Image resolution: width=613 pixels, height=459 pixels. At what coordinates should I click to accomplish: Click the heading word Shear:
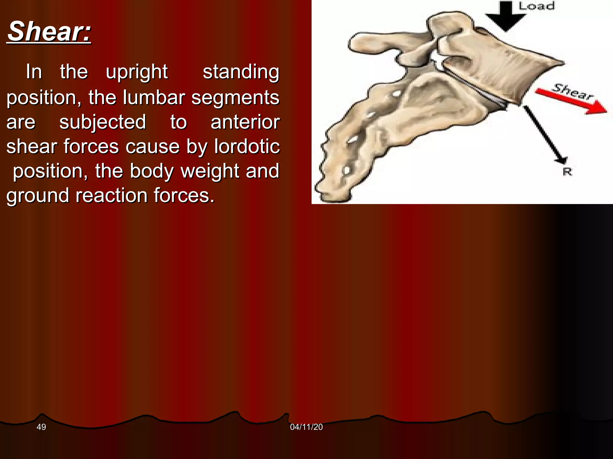tap(49, 32)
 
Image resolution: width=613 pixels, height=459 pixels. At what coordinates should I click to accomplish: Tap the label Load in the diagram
tap(536, 6)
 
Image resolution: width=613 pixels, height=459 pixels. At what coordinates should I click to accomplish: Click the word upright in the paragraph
tap(137, 72)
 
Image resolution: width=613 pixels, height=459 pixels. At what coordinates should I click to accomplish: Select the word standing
tap(241, 72)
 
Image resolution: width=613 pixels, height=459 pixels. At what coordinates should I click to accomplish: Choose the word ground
tap(38, 196)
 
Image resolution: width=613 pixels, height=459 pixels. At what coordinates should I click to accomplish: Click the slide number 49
tap(41, 427)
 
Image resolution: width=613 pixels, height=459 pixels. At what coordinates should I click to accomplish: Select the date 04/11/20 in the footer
tap(306, 427)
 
